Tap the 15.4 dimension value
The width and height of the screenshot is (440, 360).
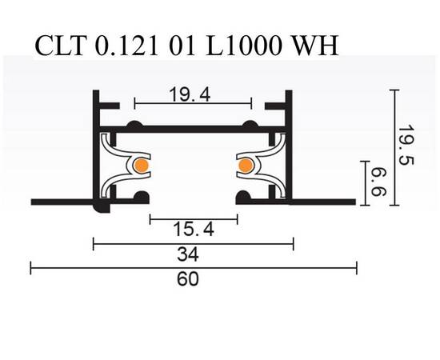pyautogui.click(x=192, y=230)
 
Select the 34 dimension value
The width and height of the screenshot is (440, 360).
pyautogui.click(x=193, y=255)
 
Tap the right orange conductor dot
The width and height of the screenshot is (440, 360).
pyautogui.click(x=245, y=166)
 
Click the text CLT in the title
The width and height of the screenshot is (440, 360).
pyautogui.click(x=62, y=45)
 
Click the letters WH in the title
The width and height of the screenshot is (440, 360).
pyautogui.click(x=313, y=45)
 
